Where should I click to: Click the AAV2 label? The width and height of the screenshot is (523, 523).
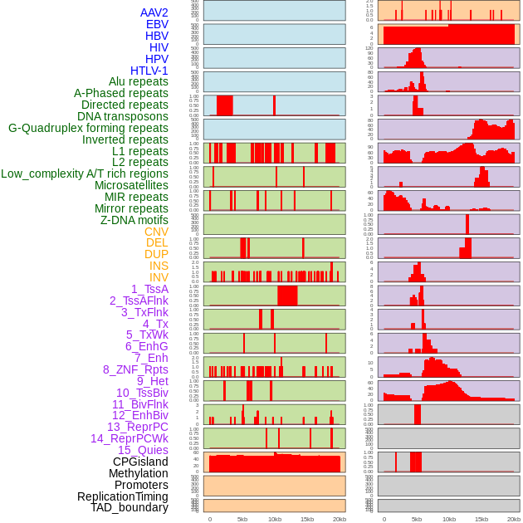[154, 12]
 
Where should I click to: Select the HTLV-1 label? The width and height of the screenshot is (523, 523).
[149, 71]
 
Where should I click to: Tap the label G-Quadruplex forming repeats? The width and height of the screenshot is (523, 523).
[88, 128]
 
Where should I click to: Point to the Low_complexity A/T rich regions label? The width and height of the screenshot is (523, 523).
[85, 174]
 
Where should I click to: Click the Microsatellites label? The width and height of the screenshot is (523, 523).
[131, 185]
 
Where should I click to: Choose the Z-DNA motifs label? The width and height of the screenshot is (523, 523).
[134, 220]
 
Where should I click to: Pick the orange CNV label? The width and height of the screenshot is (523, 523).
[156, 232]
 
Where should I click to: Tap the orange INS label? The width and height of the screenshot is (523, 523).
[159, 266]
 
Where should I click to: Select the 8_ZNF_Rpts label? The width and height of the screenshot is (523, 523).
[135, 369]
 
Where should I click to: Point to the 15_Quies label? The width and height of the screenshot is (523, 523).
[143, 450]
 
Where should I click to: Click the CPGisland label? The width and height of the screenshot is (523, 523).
[140, 462]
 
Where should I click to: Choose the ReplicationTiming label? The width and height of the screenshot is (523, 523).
[122, 496]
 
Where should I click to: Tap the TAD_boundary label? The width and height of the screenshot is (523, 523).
[130, 507]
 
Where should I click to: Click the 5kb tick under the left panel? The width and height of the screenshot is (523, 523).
[242, 519]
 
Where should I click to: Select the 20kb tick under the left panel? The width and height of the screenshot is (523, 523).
[340, 519]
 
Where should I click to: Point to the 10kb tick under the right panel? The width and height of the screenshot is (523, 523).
[449, 519]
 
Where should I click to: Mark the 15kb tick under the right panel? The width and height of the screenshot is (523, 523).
[481, 519]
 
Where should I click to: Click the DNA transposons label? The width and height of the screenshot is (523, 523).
[123, 116]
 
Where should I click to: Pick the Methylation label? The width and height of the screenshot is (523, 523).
[139, 473]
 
